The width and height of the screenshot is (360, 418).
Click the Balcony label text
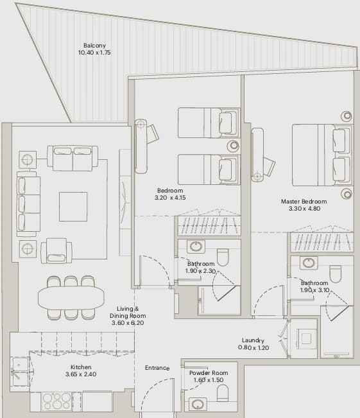point(94,46)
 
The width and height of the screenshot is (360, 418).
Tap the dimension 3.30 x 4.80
point(304,209)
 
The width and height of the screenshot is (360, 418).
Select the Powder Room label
point(209,372)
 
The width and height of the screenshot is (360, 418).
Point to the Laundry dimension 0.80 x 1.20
point(253,347)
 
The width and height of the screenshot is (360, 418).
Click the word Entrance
point(157,368)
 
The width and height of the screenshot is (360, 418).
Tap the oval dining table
point(71,297)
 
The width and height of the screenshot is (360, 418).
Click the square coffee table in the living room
point(73,207)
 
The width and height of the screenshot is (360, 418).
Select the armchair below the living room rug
point(56,250)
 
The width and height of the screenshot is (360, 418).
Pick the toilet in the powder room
point(223,393)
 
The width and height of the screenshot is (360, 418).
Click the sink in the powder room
point(198,404)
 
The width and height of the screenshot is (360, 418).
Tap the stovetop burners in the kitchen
point(56,401)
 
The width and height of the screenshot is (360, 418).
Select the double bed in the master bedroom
point(321,155)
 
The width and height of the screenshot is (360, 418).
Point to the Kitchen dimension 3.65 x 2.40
point(81,374)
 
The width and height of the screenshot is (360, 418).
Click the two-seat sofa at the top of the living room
point(73,158)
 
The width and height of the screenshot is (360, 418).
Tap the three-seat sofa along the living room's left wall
point(28,204)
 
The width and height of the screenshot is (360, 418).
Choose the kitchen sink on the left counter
point(21,371)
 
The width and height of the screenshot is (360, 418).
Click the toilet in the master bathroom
point(335,274)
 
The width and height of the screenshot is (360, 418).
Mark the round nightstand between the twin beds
point(234,146)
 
